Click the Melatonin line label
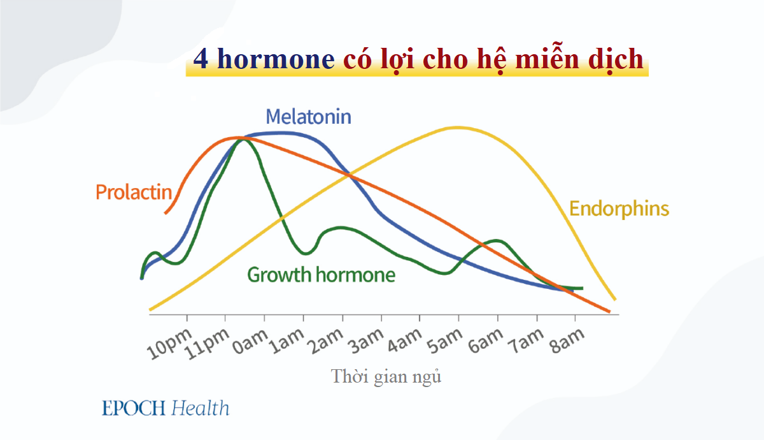click(308, 117)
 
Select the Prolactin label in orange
click(134, 191)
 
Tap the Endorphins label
click(619, 209)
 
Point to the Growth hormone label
click(321, 275)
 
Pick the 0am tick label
click(246, 344)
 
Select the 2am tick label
click(323, 344)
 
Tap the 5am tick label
click(440, 344)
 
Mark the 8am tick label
click(556, 344)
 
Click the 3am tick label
click(362, 344)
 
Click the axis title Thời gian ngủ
click(386, 376)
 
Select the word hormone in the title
click(276, 59)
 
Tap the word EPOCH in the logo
click(134, 408)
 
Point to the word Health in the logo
click(200, 408)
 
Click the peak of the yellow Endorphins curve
click(456, 127)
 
